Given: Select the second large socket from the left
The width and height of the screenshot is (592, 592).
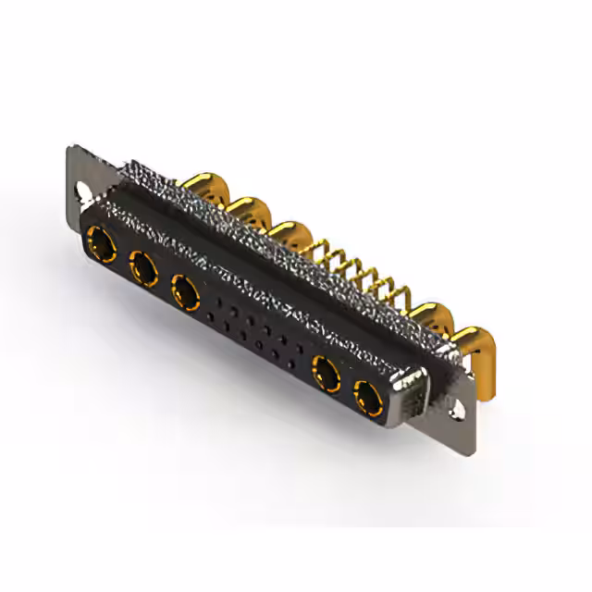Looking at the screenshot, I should tap(143, 269).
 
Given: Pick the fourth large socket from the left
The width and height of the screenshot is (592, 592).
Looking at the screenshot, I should tap(326, 377).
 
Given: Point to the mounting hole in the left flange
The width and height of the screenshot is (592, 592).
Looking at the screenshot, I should tap(84, 194).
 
